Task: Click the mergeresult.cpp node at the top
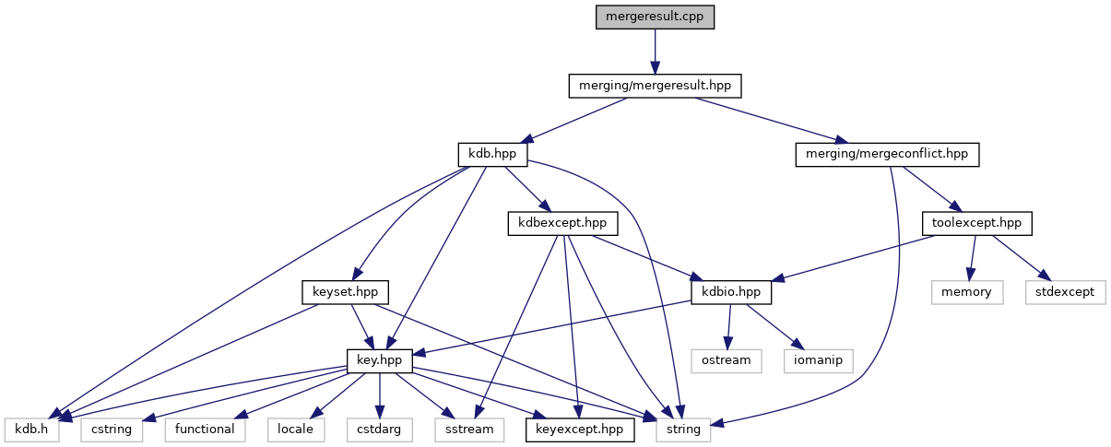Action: [x=655, y=17]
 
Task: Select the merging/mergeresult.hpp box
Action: [x=655, y=86]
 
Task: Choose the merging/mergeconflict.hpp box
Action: [x=886, y=154]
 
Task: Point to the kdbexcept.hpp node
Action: [x=562, y=223]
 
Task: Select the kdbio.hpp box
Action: [x=731, y=292]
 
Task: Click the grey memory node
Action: [x=966, y=292]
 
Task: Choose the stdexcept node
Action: [x=1065, y=292]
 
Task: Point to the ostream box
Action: [x=727, y=360]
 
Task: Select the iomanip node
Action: [x=820, y=360]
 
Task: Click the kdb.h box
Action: [x=32, y=429]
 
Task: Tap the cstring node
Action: [x=112, y=429]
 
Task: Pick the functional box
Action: [x=206, y=429]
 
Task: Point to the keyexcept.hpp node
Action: [x=580, y=429]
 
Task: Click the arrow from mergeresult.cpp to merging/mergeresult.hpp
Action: [x=655, y=51]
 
